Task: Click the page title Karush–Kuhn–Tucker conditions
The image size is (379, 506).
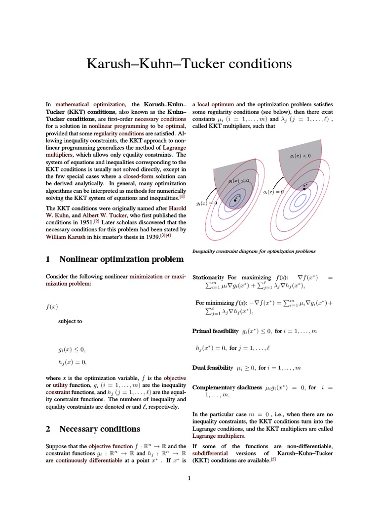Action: point(189,64)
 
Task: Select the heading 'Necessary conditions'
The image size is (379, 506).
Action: point(99,428)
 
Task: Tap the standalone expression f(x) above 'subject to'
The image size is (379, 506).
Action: point(52,306)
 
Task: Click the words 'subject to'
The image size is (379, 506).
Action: point(70,321)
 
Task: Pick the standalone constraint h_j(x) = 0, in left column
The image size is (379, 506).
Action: point(72,362)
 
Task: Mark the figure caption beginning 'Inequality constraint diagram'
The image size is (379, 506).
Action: point(254,251)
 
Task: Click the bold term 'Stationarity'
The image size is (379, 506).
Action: point(208,278)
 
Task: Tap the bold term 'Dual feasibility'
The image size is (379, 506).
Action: point(212,368)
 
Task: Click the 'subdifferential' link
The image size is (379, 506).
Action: point(210,453)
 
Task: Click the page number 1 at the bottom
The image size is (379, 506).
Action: point(189,478)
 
